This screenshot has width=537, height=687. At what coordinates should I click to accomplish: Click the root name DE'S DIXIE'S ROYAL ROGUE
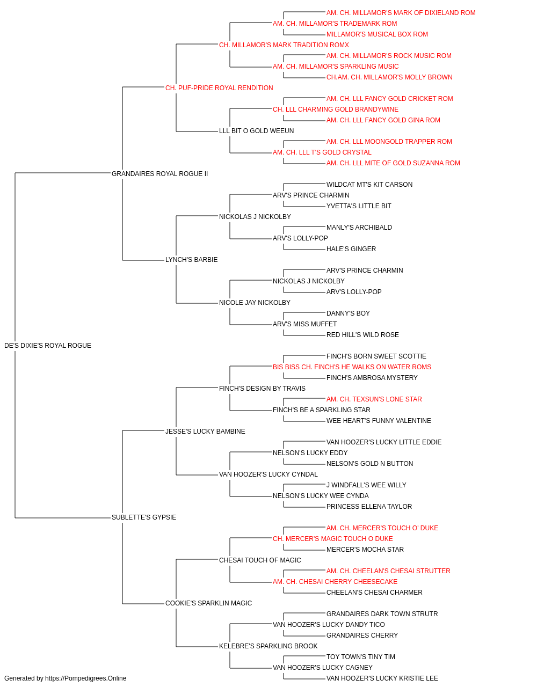pos(48,346)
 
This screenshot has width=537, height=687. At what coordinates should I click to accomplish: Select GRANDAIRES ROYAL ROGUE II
pos(159,174)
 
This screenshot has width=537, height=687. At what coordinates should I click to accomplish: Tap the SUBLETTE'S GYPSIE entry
pos(144,517)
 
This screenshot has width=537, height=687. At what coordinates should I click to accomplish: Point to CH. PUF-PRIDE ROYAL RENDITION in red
pos(219,88)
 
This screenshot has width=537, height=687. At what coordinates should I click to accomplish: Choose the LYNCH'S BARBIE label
pos(191,260)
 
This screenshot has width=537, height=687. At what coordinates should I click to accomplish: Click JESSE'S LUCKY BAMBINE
pos(205,431)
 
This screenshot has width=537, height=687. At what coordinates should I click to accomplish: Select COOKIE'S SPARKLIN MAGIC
pos(209,603)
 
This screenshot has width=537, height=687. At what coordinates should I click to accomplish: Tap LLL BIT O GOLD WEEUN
pos(257,131)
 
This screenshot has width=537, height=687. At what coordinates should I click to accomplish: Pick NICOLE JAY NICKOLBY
pos(255,303)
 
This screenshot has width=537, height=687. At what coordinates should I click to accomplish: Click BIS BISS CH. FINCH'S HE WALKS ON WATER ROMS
pos(352,367)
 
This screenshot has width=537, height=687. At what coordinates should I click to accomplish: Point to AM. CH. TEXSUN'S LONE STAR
pos(374,399)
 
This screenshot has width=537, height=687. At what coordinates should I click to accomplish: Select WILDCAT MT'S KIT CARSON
pos(369,185)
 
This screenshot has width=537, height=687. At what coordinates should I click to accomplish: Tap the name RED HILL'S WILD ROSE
pos(362,335)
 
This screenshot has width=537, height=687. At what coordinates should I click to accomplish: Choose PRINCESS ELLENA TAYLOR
pos(369,507)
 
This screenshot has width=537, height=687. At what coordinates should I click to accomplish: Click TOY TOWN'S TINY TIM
pos(361,656)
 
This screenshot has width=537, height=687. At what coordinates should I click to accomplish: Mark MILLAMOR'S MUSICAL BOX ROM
pos(378,34)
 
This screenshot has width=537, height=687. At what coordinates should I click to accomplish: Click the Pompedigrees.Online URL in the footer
pos(86,678)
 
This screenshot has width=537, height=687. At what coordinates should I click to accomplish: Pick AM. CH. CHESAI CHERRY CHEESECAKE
pos(335,582)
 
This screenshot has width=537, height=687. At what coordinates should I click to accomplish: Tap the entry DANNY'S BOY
pos(348,313)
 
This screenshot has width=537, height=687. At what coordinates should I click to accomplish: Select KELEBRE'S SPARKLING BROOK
pos(268,646)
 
